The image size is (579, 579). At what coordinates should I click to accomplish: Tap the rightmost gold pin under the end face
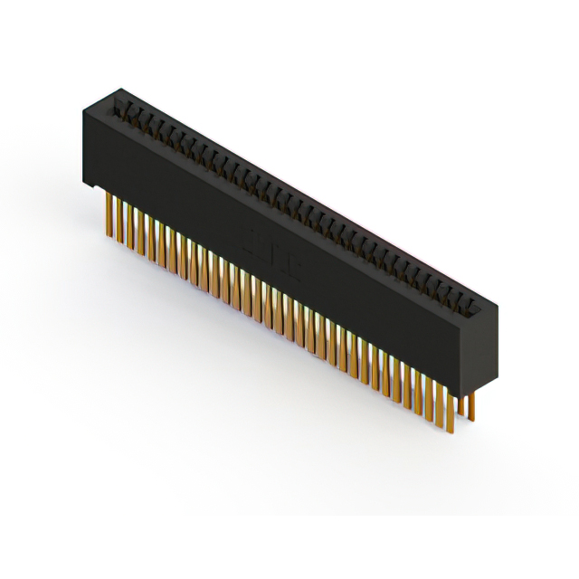pos(471,405)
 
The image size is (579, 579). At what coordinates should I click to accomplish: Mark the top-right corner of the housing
pos(498,308)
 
